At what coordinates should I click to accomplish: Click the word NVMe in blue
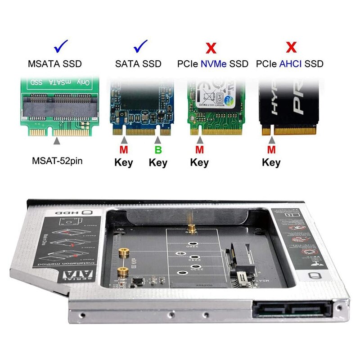coord(213,64)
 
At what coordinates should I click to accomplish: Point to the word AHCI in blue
coord(292,64)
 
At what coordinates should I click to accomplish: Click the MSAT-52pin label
coord(56,160)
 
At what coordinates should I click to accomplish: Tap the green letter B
coord(158,149)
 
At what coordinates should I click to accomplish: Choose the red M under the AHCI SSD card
coord(271,149)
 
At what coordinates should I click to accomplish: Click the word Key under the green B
coord(158,162)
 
